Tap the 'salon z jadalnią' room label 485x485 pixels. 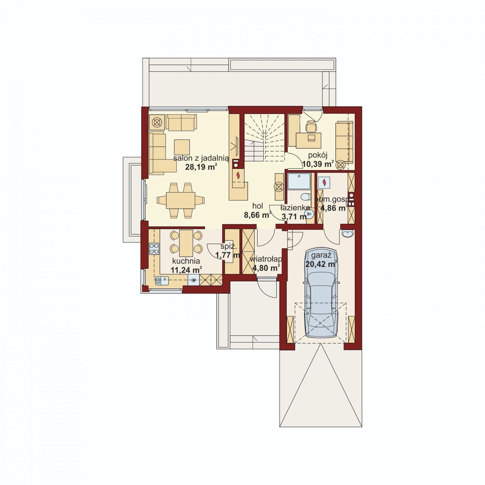coord(201,158)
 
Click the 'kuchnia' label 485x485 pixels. coord(186,261)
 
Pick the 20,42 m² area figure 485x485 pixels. coord(322,264)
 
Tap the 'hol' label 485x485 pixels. coord(258,206)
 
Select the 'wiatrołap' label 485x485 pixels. coord(266,259)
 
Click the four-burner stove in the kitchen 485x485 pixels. coord(154,249)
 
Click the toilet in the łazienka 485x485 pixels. coord(306,197)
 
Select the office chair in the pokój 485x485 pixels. coord(311,126)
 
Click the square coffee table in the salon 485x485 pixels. coord(182,147)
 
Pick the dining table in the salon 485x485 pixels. coord(181,200)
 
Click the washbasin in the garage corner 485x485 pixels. coord(347,233)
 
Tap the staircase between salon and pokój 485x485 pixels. coord(264,137)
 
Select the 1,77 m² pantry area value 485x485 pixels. coord(228,255)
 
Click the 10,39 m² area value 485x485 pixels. coord(318,164)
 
